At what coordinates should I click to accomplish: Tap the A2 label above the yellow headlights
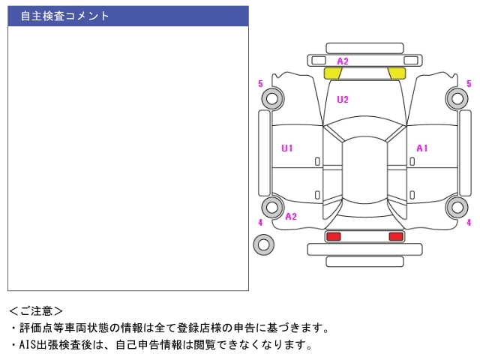[x=343, y=61]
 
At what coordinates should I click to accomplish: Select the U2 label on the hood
[x=343, y=99]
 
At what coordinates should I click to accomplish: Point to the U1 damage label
[x=287, y=148]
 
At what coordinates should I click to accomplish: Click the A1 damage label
[x=422, y=148]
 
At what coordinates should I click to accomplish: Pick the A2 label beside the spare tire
[x=291, y=217]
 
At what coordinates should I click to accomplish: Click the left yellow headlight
[x=332, y=73]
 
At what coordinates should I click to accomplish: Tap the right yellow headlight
[x=397, y=73]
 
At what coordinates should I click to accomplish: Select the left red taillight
[x=333, y=236]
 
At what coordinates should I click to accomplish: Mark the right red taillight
[x=396, y=236]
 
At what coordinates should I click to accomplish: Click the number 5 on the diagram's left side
[x=260, y=83]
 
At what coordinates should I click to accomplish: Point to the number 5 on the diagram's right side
[x=469, y=83]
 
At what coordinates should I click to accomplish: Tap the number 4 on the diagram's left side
[x=260, y=223]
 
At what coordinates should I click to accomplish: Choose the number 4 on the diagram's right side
[x=469, y=223]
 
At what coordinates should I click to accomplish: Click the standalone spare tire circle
[x=263, y=244]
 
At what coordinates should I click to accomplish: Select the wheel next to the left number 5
[x=271, y=97]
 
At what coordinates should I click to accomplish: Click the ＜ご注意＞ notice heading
[x=36, y=310]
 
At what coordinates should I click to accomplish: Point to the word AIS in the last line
[x=26, y=345]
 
